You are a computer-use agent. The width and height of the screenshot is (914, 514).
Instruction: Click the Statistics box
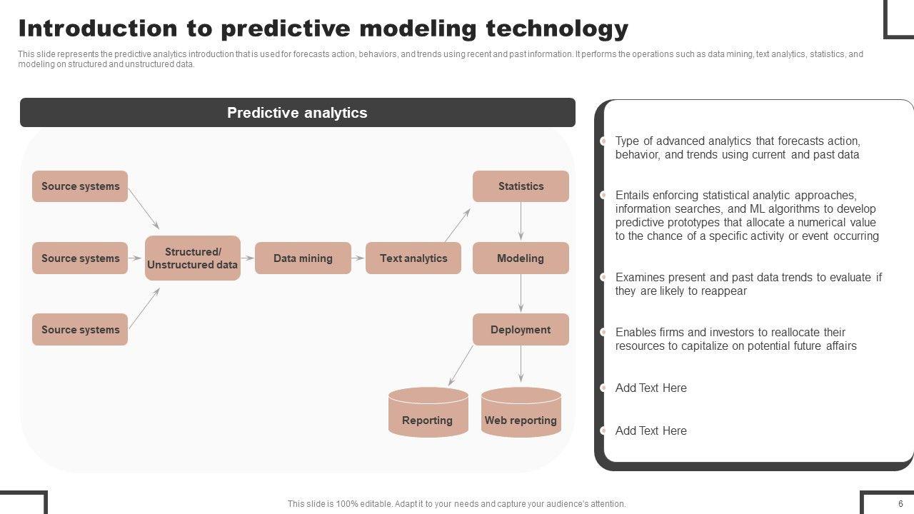[521, 186]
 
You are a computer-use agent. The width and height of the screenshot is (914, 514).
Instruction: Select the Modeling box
[521, 258]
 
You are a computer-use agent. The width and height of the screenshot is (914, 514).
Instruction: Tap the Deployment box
[521, 329]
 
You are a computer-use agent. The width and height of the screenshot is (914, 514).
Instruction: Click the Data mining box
[303, 258]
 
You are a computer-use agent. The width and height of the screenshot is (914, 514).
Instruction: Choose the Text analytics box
[413, 258]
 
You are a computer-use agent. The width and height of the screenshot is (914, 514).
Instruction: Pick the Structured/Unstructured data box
[193, 258]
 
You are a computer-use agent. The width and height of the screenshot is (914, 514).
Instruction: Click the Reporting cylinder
[428, 412]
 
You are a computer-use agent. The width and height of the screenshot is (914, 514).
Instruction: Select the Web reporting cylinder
[521, 412]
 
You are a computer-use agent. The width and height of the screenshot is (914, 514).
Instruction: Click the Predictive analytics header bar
[298, 112]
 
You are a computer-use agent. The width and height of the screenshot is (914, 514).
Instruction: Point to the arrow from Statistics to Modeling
[521, 221]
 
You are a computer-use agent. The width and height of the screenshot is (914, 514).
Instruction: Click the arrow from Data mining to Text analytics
[358, 258]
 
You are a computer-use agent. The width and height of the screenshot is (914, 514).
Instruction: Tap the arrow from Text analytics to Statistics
[458, 225]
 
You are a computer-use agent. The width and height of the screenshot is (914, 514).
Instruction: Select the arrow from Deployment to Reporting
[461, 366]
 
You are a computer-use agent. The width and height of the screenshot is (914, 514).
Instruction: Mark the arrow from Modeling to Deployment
[521, 293]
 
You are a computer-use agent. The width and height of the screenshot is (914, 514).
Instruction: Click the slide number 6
[900, 503]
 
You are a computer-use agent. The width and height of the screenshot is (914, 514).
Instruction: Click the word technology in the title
[557, 29]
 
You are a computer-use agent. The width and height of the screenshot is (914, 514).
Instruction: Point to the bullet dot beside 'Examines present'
[603, 278]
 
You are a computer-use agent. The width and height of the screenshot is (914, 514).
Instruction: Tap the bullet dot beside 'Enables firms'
[603, 332]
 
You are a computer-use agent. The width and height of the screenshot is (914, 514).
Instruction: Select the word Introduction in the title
[98, 29]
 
